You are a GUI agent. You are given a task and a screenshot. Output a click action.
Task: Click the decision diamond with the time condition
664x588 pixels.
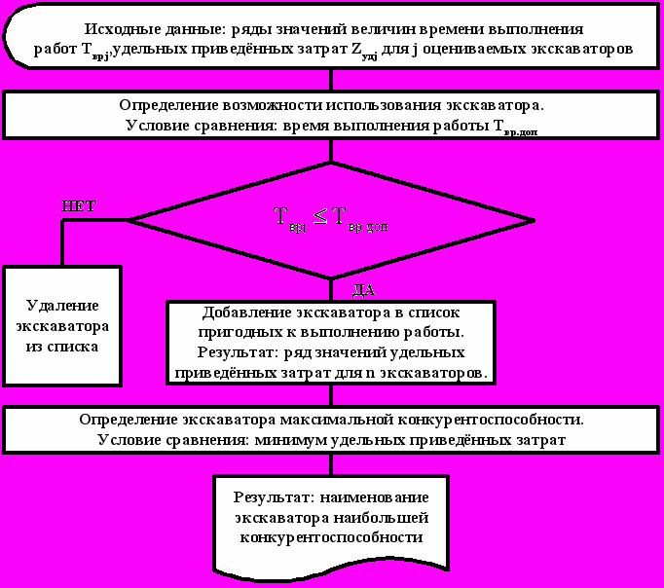click(331, 220)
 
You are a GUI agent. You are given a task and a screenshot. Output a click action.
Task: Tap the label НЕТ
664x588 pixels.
click(79, 206)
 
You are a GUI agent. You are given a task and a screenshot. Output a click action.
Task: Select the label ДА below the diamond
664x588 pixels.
click(361, 290)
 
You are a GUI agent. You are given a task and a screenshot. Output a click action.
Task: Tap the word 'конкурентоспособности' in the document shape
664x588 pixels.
click(332, 537)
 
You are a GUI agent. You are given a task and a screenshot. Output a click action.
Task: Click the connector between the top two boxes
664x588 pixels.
click(331, 80)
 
